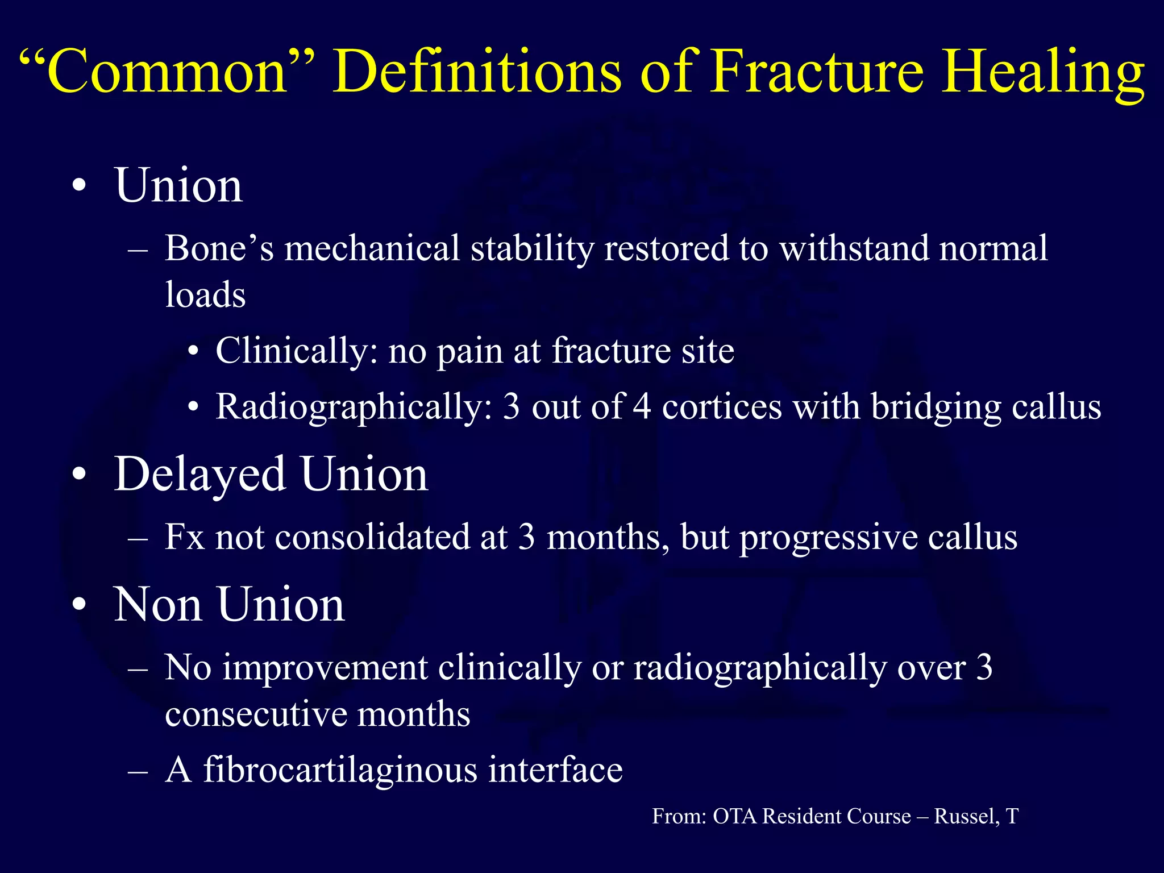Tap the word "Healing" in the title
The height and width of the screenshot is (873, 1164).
pyautogui.click(x=1042, y=73)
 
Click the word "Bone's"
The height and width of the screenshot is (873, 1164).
pyautogui.click(x=219, y=248)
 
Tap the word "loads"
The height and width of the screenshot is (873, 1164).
pyautogui.click(x=205, y=295)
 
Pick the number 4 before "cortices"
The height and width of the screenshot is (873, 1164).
pyautogui.click(x=642, y=407)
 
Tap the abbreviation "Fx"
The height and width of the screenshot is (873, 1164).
pyautogui.click(x=184, y=537)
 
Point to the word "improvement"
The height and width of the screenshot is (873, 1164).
pyautogui.click(x=324, y=667)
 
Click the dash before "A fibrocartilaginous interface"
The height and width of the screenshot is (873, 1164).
pyautogui.click(x=138, y=772)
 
